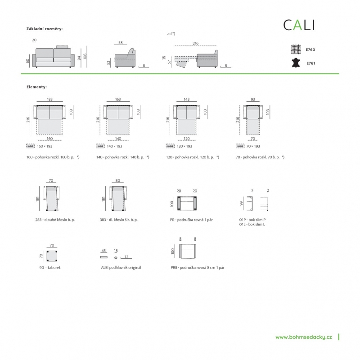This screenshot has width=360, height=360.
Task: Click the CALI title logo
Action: click(299, 25)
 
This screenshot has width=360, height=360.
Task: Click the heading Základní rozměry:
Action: click(45, 29)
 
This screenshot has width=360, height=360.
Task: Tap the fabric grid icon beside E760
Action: click(296, 49)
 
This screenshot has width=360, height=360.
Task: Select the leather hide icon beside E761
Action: click(296, 63)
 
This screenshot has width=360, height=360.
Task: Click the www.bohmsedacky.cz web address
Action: click(303, 337)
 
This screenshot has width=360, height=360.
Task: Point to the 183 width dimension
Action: click(50, 99)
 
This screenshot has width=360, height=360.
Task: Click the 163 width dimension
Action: click(118, 99)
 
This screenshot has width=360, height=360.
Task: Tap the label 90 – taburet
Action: click(50, 267)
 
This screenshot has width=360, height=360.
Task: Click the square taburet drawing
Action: click(52, 256)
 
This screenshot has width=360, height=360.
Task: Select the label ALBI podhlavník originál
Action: click(121, 267)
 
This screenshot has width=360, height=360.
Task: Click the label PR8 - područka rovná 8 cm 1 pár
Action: click(198, 267)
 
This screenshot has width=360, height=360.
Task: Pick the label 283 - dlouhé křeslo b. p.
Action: click(55, 220)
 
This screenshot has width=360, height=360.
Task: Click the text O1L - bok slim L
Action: click(252, 225)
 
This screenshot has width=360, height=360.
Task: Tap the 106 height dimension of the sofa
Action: click(85, 56)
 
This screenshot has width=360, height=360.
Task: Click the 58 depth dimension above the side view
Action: click(121, 43)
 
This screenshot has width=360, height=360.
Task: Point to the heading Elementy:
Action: click(36, 87)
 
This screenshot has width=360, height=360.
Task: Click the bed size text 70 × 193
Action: click(253, 146)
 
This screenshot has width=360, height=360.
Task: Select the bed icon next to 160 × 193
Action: click(30, 146)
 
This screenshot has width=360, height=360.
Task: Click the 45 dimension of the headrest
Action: click(103, 251)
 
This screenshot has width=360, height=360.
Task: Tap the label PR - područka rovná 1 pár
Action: click(191, 220)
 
